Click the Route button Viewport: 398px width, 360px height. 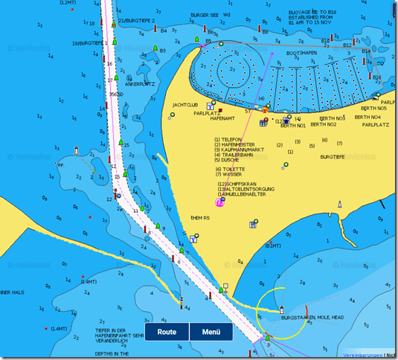(x=167, y=332)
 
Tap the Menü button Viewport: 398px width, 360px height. (x=211, y=332)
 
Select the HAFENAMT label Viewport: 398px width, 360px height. (x=222, y=118)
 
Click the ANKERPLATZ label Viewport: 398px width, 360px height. (x=139, y=84)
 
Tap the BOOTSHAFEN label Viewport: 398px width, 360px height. (x=302, y=54)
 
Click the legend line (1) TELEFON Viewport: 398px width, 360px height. (x=228, y=139)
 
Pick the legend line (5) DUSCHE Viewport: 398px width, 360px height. (x=227, y=160)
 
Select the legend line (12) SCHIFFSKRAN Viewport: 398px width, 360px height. (x=236, y=184)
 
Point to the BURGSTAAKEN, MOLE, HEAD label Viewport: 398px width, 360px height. (x=312, y=318)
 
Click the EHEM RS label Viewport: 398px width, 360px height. (x=202, y=217)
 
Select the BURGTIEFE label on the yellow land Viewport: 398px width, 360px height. (x=333, y=157)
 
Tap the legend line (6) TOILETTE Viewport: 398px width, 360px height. (x=229, y=169)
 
